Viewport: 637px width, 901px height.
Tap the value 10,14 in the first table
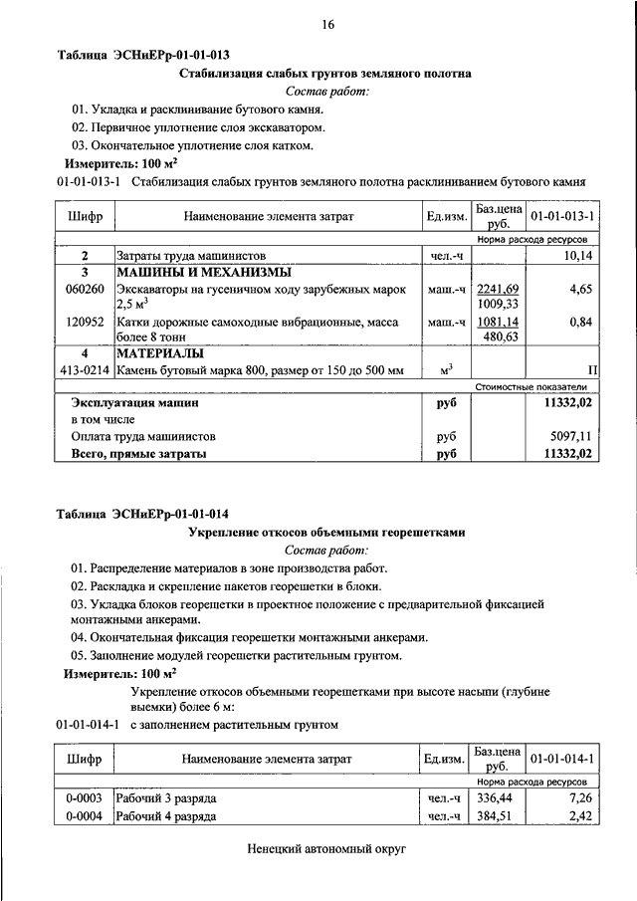578,256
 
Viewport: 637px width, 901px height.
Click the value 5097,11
570,436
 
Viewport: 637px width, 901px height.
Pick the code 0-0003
85,798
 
